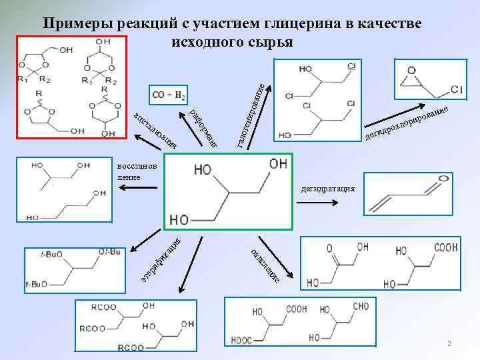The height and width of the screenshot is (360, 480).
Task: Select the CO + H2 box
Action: [169, 95]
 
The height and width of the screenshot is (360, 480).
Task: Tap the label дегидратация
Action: [328, 189]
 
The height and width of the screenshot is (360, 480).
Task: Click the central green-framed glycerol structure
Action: [225, 192]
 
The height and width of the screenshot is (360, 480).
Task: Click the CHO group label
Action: [361, 307]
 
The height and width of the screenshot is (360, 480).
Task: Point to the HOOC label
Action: [242, 341]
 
